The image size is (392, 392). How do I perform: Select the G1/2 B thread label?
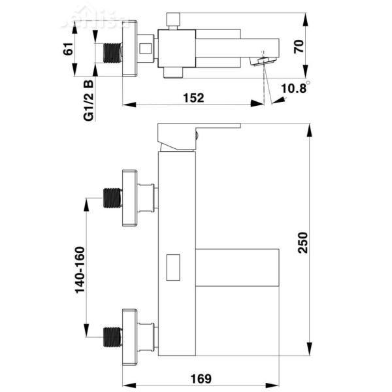(x=88, y=99)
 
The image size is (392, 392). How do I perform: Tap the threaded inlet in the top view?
(x=113, y=52)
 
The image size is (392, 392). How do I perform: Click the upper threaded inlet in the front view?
(x=113, y=198)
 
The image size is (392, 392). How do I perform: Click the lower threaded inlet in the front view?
(x=113, y=334)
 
